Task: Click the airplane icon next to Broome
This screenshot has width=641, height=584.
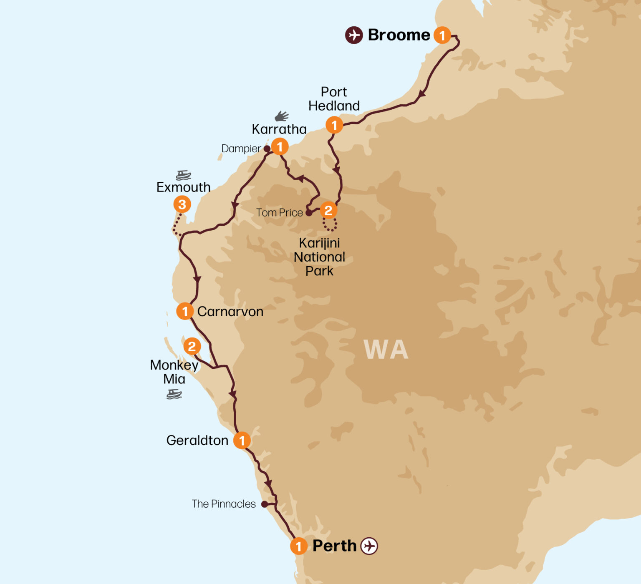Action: (354, 35)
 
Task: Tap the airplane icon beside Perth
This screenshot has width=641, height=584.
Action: (369, 546)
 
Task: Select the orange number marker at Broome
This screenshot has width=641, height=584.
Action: (442, 35)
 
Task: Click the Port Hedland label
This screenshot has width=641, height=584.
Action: (334, 99)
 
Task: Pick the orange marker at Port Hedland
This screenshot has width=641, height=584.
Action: (334, 125)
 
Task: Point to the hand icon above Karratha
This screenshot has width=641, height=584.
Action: (282, 116)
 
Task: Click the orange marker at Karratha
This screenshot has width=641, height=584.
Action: (280, 147)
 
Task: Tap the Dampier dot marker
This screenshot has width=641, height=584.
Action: (267, 149)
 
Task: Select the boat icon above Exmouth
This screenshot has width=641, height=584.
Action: (183, 175)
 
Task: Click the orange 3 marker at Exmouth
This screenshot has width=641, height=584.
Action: (182, 204)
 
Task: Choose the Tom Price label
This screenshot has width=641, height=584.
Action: (279, 213)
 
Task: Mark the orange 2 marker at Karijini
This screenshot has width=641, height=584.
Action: (328, 211)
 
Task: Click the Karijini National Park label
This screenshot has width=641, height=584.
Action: (319, 257)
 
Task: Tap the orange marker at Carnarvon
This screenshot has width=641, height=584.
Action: (184, 311)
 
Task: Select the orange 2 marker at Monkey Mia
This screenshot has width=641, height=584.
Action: (192, 346)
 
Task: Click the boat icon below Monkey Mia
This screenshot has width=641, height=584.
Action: (174, 394)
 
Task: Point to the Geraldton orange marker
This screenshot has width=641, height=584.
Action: (242, 441)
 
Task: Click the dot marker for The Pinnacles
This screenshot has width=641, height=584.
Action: (264, 504)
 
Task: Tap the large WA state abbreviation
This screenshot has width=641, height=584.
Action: (386, 350)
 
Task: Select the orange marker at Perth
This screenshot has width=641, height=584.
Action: (298, 546)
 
